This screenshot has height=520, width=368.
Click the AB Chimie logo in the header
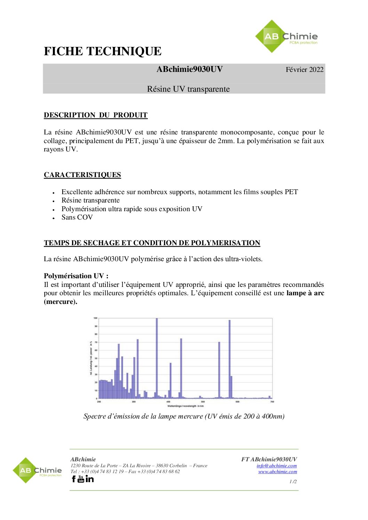pyautogui.click(x=286, y=36)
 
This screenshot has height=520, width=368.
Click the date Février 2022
pyautogui.click(x=304, y=69)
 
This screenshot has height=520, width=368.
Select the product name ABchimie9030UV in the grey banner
pyautogui.click(x=189, y=69)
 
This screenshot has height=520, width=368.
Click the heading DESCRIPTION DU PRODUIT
pyautogui.click(x=96, y=115)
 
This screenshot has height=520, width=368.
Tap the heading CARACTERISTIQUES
pyautogui.click(x=82, y=175)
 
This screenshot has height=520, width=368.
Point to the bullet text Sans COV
pyautogui.click(x=77, y=217)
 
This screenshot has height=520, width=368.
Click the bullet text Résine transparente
pyautogui.click(x=90, y=200)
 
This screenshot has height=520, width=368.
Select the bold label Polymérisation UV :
pyautogui.click(x=76, y=276)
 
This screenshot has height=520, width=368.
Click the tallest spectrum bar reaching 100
pyautogui.click(x=157, y=358)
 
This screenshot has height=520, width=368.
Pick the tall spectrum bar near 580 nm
pyautogui.click(x=230, y=360)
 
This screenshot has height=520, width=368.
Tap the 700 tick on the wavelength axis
pyautogui.click(x=272, y=402)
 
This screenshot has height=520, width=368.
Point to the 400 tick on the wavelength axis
pyautogui.click(x=168, y=402)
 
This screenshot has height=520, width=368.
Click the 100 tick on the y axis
pyautogui.click(x=95, y=318)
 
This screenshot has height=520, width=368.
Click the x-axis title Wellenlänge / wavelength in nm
pyautogui.click(x=185, y=406)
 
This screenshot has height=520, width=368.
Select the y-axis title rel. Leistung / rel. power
pyautogui.click(x=91, y=358)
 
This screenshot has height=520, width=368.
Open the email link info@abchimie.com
pyautogui.click(x=277, y=466)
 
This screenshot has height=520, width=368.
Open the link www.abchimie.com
pyautogui.click(x=278, y=472)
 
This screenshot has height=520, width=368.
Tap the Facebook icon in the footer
pyautogui.click(x=74, y=479)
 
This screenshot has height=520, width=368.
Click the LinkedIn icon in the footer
pyautogui.click(x=90, y=479)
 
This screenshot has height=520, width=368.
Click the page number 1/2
pyautogui.click(x=293, y=481)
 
